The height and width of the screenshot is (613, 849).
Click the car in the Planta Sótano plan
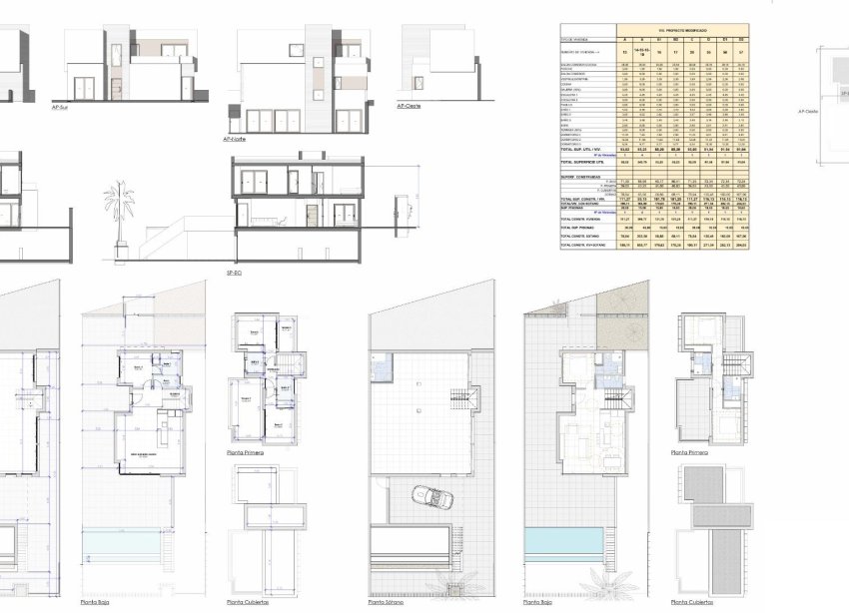427,496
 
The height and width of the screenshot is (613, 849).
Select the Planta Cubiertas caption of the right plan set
693,602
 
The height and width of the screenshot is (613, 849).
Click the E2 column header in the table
742,39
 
